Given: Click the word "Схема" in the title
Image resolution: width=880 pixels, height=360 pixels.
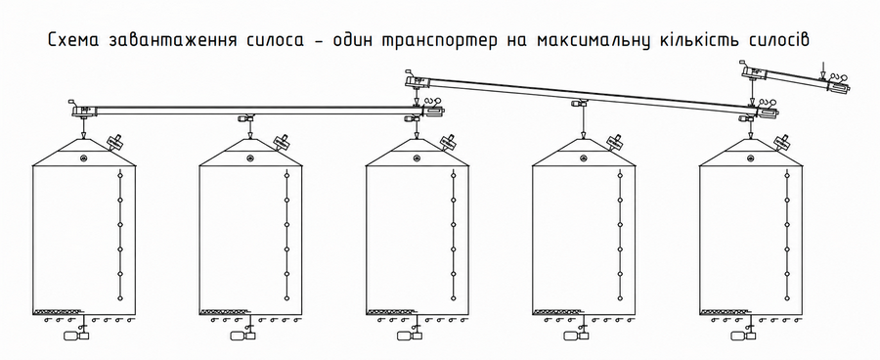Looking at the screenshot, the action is tap(74, 40).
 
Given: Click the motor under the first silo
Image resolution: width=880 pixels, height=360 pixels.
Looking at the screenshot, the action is tap(77, 336).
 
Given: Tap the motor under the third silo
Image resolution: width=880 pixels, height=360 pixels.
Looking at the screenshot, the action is tap(411, 336).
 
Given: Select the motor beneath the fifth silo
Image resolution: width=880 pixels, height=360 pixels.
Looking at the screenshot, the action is tap(744, 336).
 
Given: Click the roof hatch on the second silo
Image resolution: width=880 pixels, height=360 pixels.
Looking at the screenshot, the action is tap(282, 141).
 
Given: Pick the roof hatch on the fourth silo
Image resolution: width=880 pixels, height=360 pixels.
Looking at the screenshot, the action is tap(615, 141).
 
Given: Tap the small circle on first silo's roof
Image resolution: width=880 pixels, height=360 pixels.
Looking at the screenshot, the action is tap(84, 157).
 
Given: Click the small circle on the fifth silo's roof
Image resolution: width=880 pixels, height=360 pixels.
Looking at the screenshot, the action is tap(751, 157).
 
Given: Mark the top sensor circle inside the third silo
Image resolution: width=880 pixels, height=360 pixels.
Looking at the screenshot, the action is tap(453, 175).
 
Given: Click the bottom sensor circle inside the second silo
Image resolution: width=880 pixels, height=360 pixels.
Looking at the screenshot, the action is tap(286, 297).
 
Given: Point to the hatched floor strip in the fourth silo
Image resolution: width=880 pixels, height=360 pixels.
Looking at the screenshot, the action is tap(558, 310).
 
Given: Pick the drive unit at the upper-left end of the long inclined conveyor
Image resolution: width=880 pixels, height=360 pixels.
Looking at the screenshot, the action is tap(417, 81).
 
